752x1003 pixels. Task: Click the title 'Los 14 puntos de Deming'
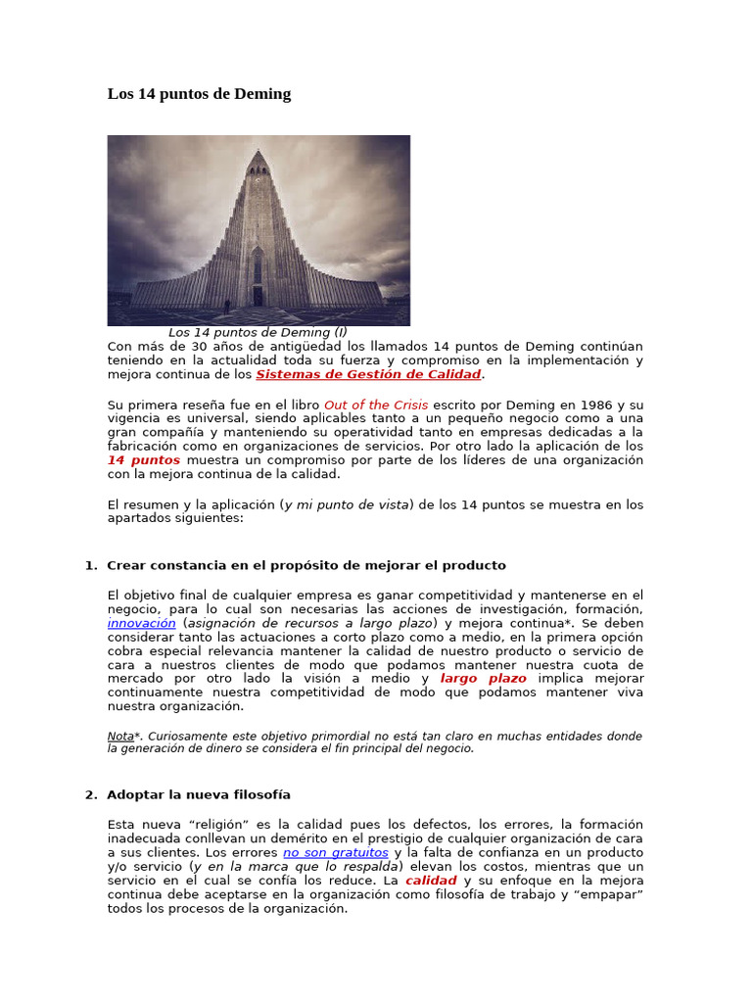click(199, 94)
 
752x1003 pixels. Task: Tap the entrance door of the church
click(258, 295)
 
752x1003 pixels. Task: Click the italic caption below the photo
click(258, 332)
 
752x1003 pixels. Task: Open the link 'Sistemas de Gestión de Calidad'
click(368, 374)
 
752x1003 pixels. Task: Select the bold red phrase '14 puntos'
click(144, 459)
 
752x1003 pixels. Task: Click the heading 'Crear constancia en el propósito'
click(305, 565)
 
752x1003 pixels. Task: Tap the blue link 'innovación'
click(142, 622)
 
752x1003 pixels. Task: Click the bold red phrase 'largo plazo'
click(484, 678)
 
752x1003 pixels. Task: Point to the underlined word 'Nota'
click(120, 736)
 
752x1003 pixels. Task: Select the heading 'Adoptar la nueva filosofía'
click(198, 794)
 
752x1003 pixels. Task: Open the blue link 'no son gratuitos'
click(336, 852)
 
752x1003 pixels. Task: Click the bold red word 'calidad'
click(431, 881)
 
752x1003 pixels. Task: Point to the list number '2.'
click(91, 794)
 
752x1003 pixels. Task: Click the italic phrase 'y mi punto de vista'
click(348, 504)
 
